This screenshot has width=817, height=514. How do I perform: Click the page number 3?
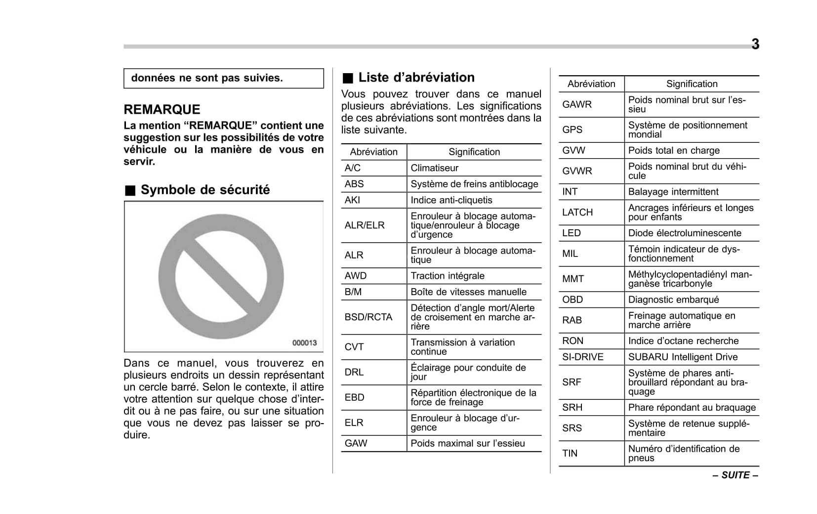tap(755, 44)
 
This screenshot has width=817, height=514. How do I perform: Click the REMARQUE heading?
tap(162, 109)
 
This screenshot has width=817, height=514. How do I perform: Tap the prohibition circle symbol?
tap(221, 276)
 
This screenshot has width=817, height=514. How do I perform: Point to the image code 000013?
tap(304, 343)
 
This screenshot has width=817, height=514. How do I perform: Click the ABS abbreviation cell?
tap(354, 184)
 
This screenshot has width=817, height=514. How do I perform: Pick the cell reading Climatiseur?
tap(435, 168)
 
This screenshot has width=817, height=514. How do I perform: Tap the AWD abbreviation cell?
tap(356, 276)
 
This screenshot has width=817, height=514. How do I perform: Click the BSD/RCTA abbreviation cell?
tap(368, 317)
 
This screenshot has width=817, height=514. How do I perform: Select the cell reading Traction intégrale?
tap(448, 276)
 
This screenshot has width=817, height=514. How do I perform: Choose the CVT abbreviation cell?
tap(354, 347)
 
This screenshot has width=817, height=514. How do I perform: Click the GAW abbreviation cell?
tap(356, 443)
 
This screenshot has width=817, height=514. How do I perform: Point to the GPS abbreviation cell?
tap(572, 129)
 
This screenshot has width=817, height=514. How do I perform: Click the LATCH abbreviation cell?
tap(577, 212)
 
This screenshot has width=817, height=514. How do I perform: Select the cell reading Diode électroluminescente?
tap(685, 233)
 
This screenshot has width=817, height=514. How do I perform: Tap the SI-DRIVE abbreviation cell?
tap(583, 357)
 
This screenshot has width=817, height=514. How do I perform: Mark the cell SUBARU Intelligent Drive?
tap(683, 357)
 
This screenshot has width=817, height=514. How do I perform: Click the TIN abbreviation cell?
tap(570, 453)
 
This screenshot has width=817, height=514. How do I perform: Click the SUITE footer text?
tap(735, 475)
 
